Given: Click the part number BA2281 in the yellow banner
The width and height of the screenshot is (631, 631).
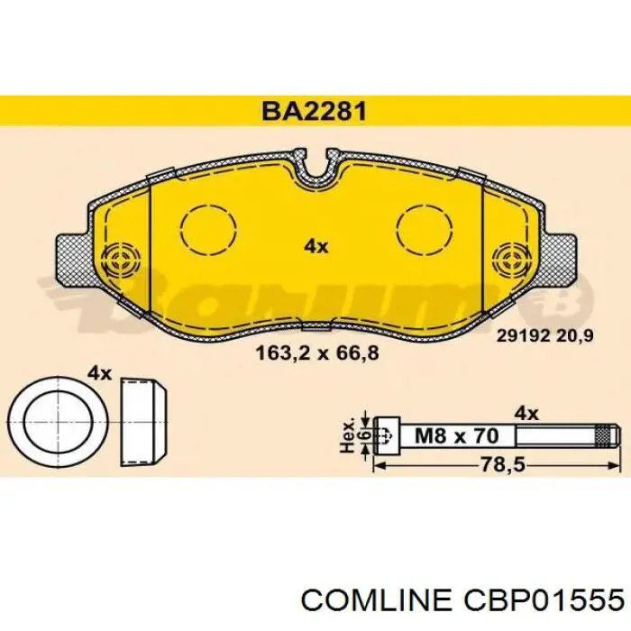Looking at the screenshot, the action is click(315, 111).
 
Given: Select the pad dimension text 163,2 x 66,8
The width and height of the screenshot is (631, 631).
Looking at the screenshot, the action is click(317, 353).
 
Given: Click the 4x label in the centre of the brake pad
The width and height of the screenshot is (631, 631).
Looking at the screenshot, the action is click(316, 246).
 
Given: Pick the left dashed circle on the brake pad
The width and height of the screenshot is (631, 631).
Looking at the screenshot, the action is click(207, 230).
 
